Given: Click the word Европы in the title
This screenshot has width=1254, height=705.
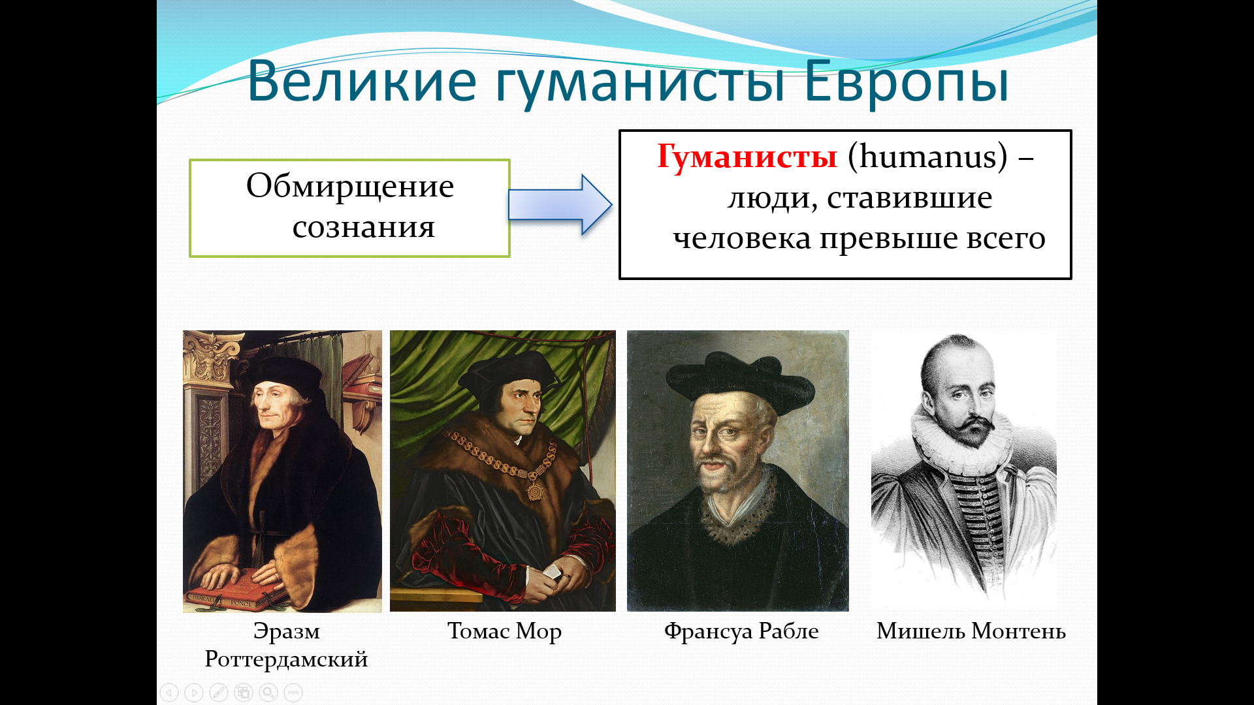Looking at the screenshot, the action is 907,82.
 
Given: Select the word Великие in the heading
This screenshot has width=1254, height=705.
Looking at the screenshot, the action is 362,82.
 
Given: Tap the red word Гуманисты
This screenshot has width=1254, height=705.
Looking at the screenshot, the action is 747,157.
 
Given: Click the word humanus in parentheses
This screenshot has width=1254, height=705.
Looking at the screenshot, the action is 928,157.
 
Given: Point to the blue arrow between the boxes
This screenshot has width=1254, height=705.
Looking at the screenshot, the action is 560,205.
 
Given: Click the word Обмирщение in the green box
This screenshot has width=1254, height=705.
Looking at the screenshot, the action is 350,187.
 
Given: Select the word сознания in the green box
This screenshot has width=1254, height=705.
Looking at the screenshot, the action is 363,227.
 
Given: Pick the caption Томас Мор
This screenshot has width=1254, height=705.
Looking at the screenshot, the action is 504,631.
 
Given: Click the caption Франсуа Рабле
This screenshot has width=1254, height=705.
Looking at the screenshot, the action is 741,631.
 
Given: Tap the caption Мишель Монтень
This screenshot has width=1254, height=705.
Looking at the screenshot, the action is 971,631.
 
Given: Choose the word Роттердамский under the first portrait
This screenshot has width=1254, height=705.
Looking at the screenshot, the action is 286,659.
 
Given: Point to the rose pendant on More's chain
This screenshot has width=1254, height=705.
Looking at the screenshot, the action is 535,490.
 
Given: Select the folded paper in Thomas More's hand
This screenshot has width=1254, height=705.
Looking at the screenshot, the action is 552,572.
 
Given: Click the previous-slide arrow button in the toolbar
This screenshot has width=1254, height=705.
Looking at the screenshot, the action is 169,693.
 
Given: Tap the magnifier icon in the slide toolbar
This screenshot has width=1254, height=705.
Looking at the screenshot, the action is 268,693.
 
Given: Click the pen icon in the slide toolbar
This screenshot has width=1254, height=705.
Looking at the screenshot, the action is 219,693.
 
